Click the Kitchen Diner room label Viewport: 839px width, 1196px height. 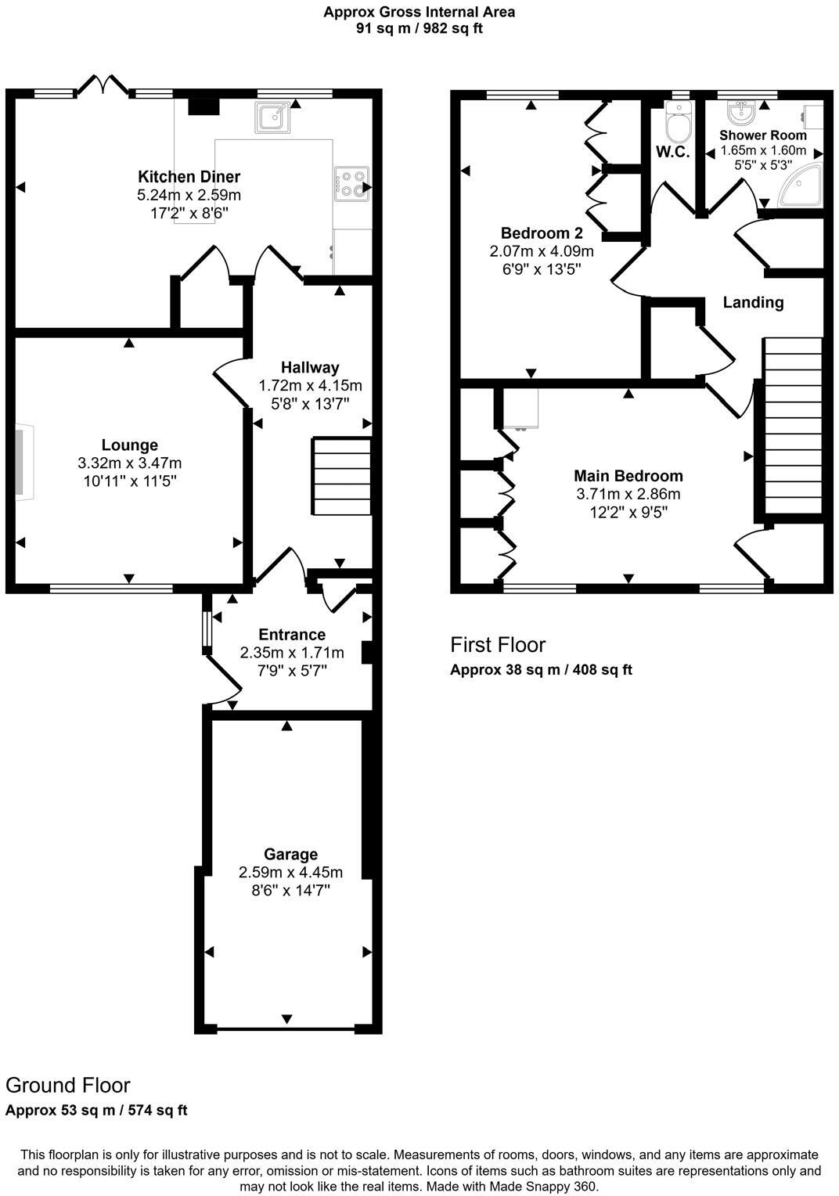pos(189,177)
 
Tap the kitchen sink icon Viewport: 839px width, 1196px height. pos(273,117)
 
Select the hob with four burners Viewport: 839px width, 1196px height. pos(351,185)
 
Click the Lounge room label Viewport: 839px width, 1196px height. pos(129,446)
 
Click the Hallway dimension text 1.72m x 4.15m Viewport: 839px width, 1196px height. pos(310,385)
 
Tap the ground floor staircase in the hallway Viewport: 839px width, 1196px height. pos(342,476)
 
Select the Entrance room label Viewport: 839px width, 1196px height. pos(292,635)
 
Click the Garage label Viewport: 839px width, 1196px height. pos(290,854)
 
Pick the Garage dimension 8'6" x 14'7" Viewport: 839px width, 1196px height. pos(290,890)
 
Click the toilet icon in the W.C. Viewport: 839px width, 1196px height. pos(677,124)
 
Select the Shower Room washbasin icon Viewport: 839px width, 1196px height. pos(741,113)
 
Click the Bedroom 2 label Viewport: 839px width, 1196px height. pos(542,233)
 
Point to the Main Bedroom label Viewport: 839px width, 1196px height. pos(628,476)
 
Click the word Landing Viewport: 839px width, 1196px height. pos(753,302)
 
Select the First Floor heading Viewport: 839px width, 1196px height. pos(498,645)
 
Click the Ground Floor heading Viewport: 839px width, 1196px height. pos(68,1085)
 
